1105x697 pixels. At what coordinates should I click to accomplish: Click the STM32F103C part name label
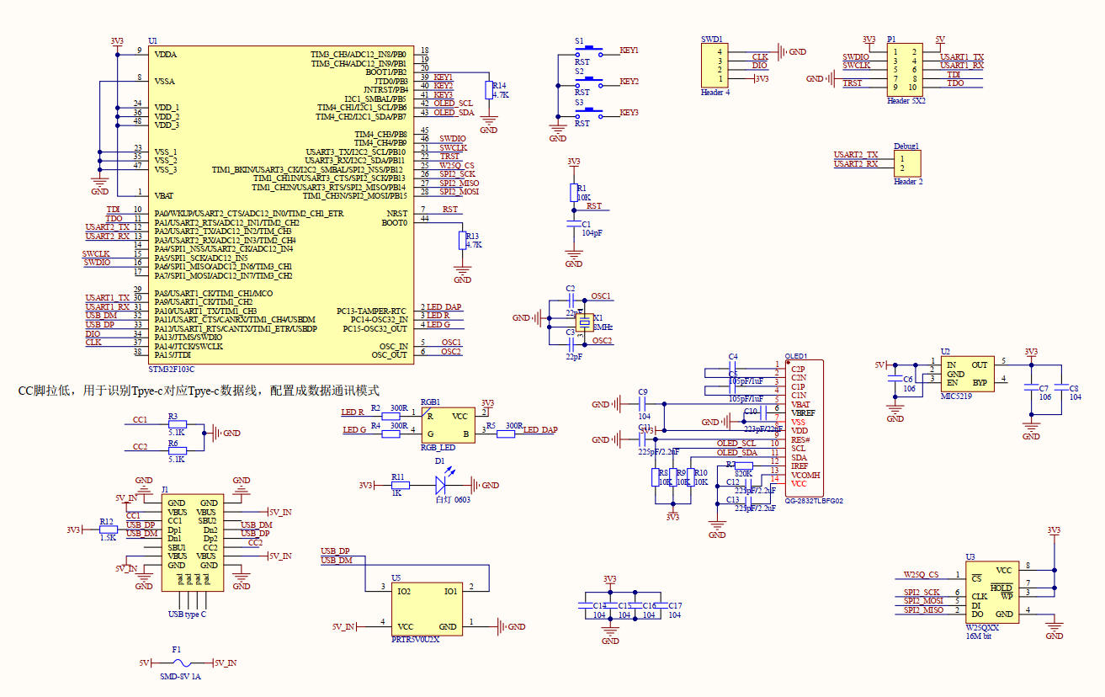click(171, 369)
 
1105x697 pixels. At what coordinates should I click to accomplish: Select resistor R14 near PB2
click(489, 91)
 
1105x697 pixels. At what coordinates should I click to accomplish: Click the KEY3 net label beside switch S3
click(629, 112)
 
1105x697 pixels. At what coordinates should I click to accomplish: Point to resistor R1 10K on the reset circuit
click(574, 192)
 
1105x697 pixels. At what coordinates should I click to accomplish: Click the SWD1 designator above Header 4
click(712, 40)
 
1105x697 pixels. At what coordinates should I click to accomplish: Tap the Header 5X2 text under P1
click(906, 100)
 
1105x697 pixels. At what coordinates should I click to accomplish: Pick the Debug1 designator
click(906, 146)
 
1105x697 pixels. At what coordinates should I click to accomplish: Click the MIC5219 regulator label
click(957, 395)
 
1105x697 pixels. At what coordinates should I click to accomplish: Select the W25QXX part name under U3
click(982, 627)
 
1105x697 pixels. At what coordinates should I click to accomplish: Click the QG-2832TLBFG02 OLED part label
click(813, 500)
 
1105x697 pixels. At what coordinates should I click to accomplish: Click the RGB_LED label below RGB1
click(438, 447)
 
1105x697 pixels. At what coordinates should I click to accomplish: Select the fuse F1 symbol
click(176, 663)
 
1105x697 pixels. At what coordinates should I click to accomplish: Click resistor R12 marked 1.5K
click(108, 529)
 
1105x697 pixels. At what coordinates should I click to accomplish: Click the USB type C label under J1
click(187, 615)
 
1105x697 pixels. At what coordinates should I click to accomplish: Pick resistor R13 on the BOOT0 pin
click(462, 241)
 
